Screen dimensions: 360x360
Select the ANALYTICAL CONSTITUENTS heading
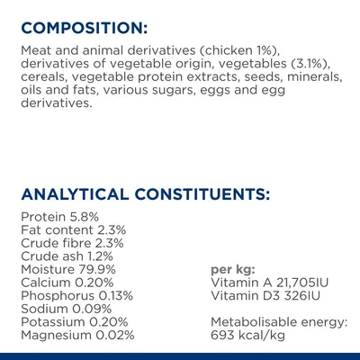click(143, 193)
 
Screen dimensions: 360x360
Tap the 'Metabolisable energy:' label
click(278, 322)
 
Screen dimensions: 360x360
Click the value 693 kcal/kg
click(248, 335)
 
